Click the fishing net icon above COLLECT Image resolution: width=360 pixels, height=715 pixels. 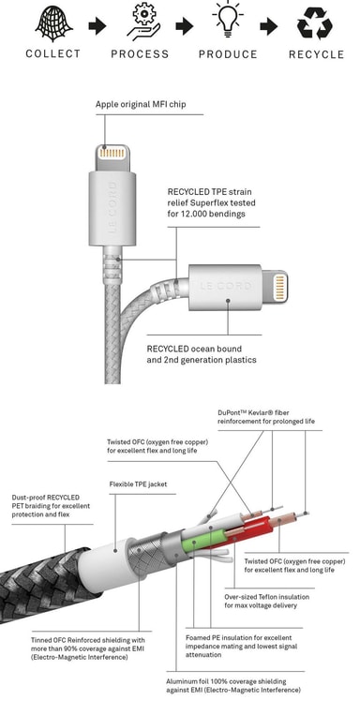tap(53, 24)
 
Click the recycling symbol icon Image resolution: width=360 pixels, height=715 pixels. tap(314, 23)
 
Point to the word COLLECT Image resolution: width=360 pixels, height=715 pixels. tap(53, 53)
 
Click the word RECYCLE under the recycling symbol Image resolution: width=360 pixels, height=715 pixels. tap(316, 54)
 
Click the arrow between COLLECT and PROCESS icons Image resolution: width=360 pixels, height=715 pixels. tap(97, 25)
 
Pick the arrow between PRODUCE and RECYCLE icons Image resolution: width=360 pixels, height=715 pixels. tap(269, 26)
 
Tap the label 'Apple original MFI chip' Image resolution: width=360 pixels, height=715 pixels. tap(141, 104)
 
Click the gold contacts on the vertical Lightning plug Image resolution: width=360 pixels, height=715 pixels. tap(112, 154)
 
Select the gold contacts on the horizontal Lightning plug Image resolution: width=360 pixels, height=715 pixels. tap(279, 288)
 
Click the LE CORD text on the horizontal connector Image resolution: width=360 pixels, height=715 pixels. tap(226, 287)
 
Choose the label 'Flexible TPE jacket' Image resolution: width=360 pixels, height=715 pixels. tap(138, 484)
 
